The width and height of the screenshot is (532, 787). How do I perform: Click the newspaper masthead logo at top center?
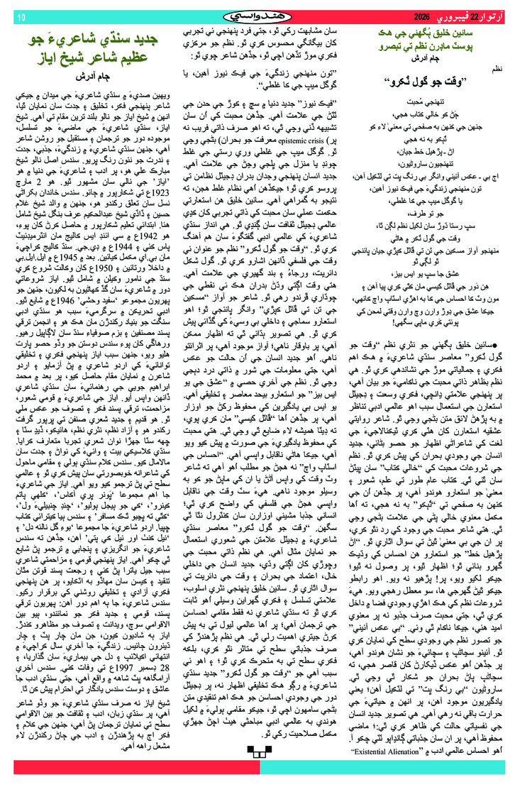click(267, 14)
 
